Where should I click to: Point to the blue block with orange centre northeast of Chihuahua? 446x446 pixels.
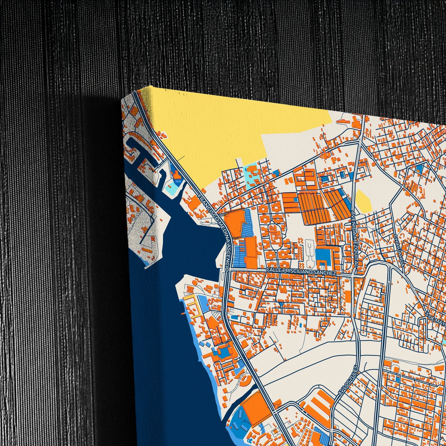coord(420,169)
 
